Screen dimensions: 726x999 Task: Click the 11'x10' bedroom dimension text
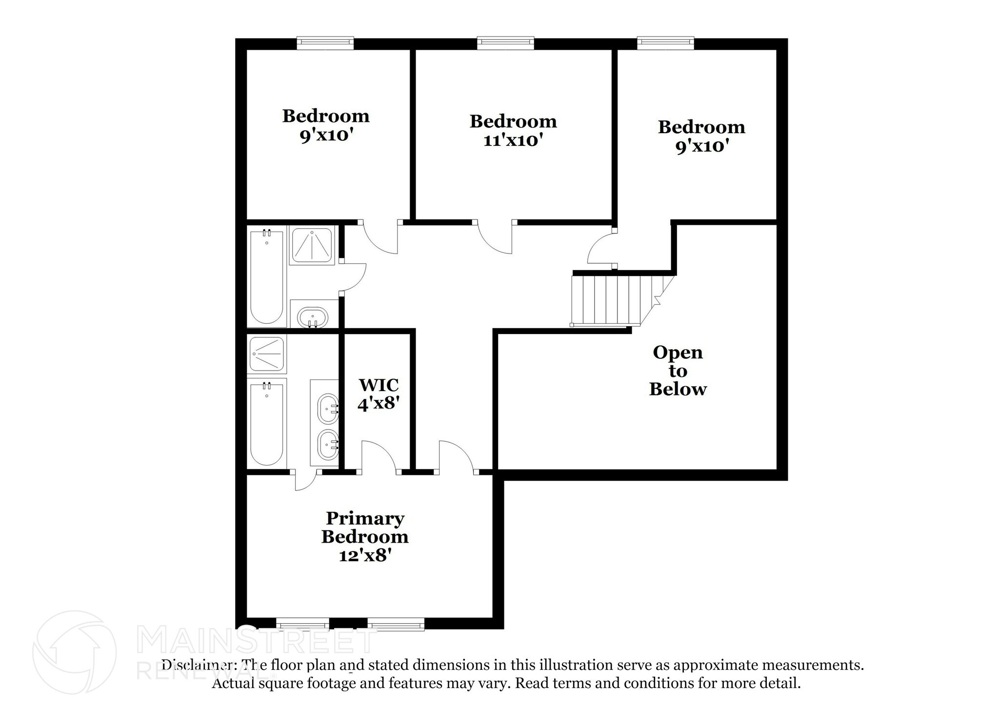[513, 140]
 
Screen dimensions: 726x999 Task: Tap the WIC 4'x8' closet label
[379, 394]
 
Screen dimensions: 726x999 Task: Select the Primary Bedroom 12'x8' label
[365, 536]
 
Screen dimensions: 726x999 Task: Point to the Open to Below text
[678, 371]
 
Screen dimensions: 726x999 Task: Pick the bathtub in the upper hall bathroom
[266, 276]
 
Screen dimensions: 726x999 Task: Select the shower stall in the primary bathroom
[266, 353]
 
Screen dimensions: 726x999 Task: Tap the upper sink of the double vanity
[328, 408]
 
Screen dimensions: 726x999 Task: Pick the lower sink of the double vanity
[328, 444]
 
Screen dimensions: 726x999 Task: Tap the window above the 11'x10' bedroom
[505, 43]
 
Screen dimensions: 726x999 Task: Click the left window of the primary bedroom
[302, 624]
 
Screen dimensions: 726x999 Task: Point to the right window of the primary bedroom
[396, 624]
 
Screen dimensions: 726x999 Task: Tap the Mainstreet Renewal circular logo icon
[74, 652]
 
